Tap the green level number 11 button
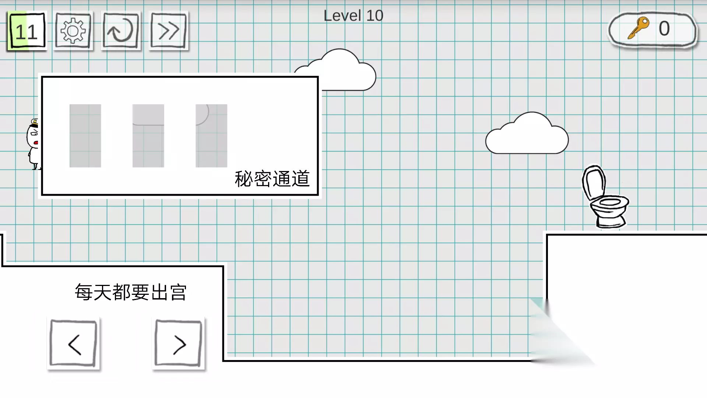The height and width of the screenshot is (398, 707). point(27,31)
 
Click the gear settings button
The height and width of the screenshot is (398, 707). point(73,31)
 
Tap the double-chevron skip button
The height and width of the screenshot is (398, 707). point(168,31)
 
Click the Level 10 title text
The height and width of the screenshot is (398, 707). point(353,16)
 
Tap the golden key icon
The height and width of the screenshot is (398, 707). point(639,28)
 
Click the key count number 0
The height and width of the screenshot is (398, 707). point(664,28)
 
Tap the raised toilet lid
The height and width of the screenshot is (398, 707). point(594,182)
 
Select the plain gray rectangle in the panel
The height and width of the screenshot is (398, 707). point(85,136)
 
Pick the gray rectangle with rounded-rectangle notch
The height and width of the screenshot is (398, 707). point(148,136)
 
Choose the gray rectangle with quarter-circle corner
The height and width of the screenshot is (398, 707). point(211,136)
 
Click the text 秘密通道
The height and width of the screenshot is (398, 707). point(272,179)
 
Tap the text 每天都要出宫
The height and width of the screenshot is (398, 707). point(131,292)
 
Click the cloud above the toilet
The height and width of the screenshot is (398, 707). point(527,133)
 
